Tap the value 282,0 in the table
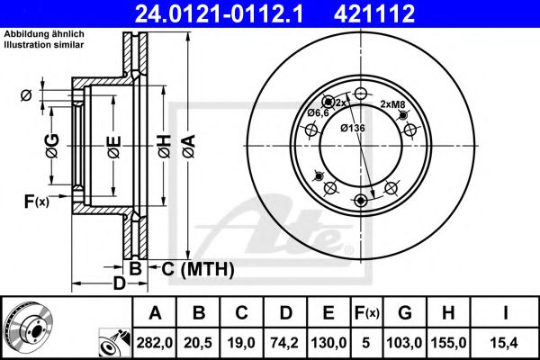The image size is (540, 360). [x=156, y=341]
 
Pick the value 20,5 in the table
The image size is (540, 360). [x=200, y=341]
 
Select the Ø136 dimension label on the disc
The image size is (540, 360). [x=352, y=128]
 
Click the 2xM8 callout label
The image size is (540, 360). [x=392, y=104]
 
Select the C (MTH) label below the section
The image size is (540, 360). [x=197, y=269]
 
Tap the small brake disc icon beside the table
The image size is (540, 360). [x=28, y=327]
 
